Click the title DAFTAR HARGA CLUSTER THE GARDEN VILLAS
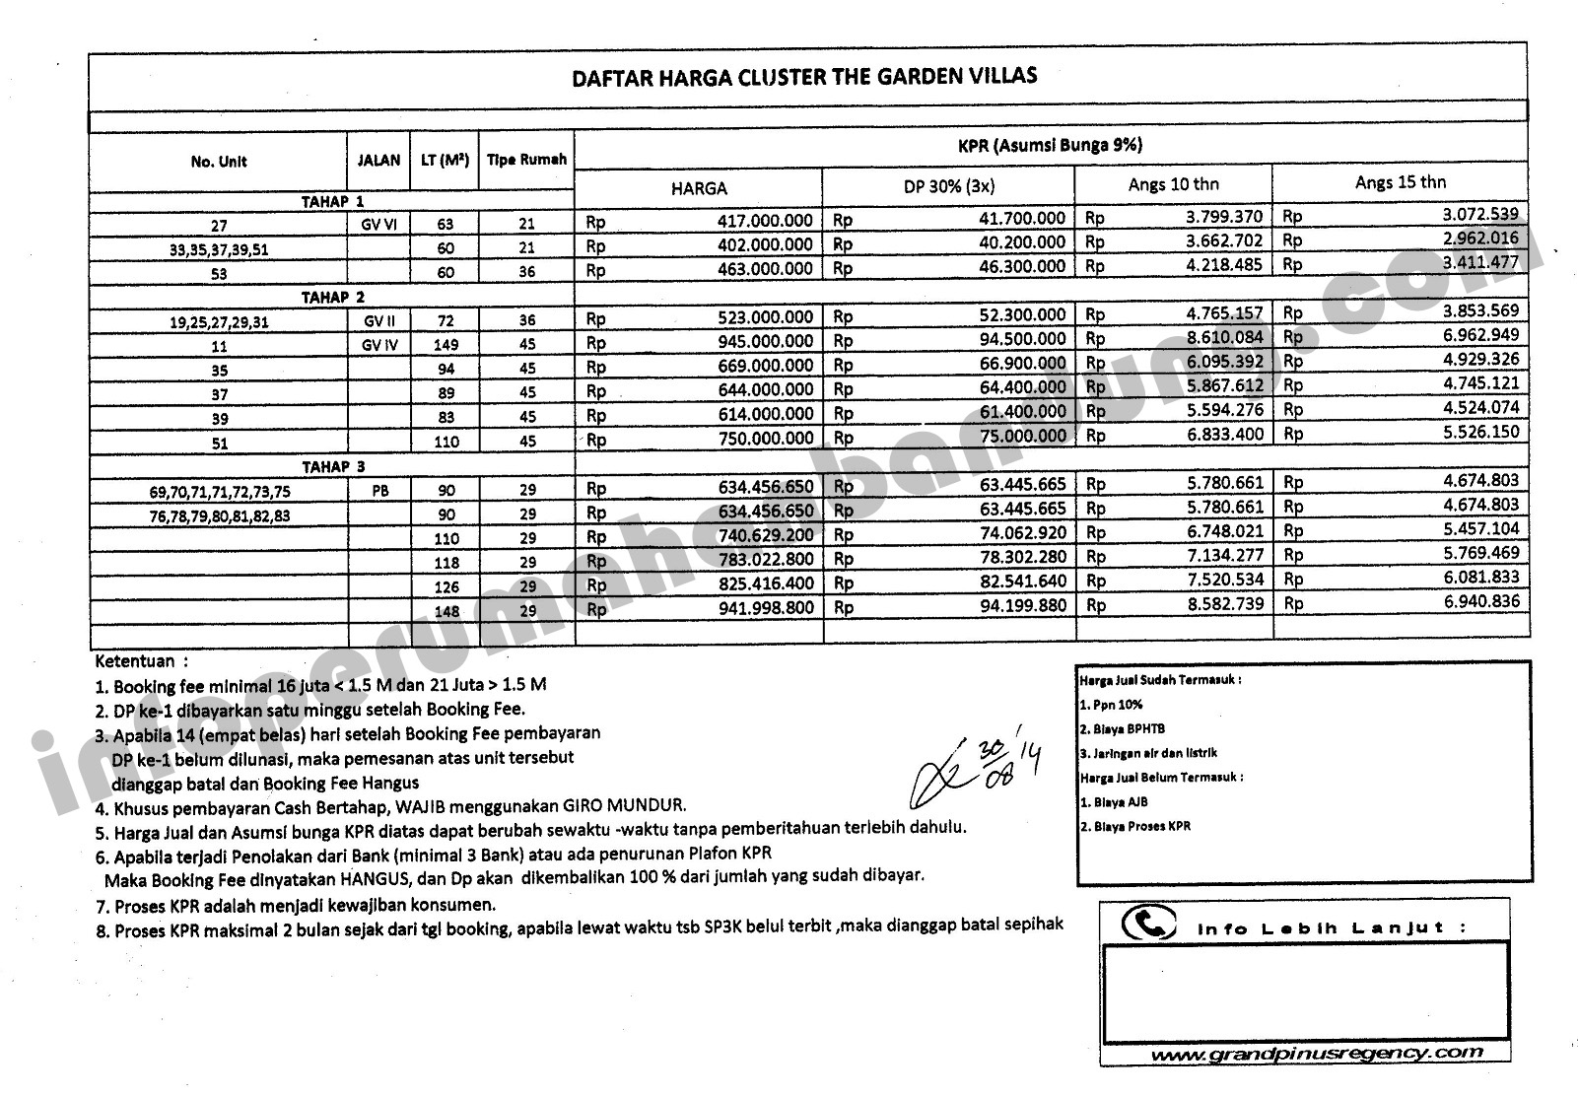tap(804, 77)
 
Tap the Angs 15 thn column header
tap(1400, 182)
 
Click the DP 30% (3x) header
tap(948, 186)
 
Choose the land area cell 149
tap(446, 345)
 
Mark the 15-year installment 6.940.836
tap(1481, 601)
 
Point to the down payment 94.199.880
tap(1023, 605)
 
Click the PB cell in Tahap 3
tap(379, 490)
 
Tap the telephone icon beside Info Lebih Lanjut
tap(1148, 924)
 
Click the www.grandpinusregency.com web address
tap(1316, 1054)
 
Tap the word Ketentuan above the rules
tap(135, 661)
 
